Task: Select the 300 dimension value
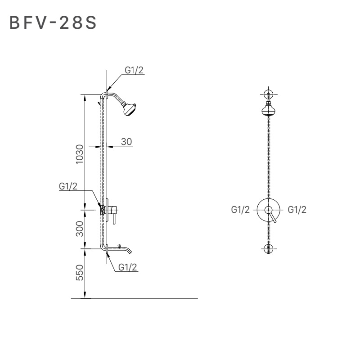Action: click(x=80, y=229)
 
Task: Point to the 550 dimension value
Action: click(x=80, y=273)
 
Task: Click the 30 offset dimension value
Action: click(x=126, y=141)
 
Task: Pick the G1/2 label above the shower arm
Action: click(x=135, y=70)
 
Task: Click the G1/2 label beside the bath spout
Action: click(x=128, y=267)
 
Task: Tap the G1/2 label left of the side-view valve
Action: click(x=68, y=186)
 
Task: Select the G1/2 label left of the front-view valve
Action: click(x=240, y=210)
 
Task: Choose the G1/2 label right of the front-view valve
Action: click(x=297, y=210)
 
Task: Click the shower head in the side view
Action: click(x=130, y=109)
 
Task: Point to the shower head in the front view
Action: click(x=269, y=109)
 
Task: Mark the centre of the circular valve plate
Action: click(x=269, y=210)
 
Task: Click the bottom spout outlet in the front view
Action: click(x=269, y=248)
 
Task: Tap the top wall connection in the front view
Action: click(x=269, y=94)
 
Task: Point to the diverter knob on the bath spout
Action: click(x=119, y=246)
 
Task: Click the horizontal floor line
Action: click(x=135, y=298)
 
